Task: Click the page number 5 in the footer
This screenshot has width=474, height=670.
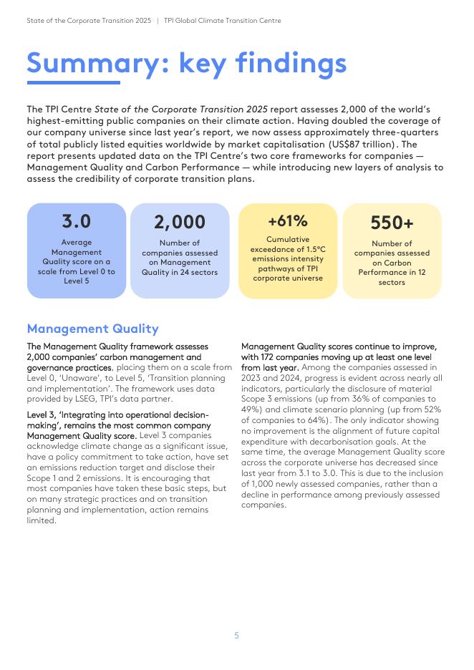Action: pos(237,635)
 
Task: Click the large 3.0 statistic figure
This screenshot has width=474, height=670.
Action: pos(77,221)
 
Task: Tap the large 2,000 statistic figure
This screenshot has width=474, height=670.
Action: pos(180,223)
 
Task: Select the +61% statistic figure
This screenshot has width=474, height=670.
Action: pos(288,221)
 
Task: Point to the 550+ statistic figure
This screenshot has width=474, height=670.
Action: pos(392,223)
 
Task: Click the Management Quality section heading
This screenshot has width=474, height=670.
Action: pos(92,329)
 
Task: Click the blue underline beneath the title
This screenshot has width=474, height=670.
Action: pos(63,83)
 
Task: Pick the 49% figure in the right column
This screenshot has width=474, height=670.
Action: pos(253,409)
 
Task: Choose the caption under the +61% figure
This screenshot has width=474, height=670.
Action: pos(288,258)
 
